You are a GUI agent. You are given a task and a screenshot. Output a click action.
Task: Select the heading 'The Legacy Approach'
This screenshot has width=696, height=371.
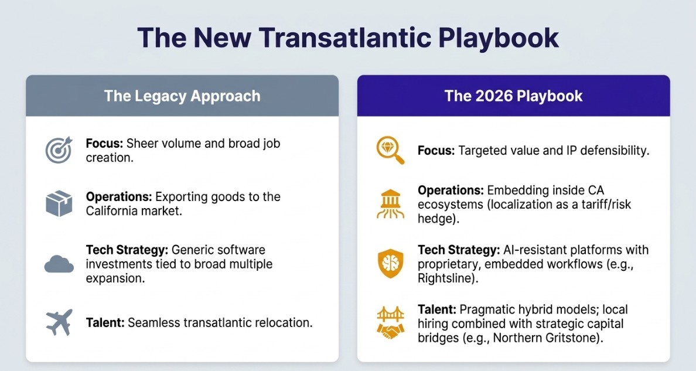(x=182, y=96)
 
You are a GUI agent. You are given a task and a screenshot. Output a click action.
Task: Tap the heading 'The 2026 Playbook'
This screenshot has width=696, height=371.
(x=514, y=96)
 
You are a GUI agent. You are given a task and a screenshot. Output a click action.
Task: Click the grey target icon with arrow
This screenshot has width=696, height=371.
(x=59, y=149)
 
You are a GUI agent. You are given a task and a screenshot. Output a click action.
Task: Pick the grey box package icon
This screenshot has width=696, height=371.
(x=59, y=203)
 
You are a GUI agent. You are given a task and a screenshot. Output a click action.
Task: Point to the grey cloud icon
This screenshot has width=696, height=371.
(x=59, y=264)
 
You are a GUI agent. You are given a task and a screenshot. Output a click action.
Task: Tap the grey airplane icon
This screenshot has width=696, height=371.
(x=59, y=322)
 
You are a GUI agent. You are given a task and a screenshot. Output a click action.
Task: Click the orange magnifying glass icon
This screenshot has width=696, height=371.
(x=390, y=150)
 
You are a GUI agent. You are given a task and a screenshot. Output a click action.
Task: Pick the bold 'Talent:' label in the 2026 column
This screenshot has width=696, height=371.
(x=437, y=309)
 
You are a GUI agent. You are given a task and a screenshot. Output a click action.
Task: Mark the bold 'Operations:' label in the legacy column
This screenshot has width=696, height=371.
(x=119, y=197)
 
